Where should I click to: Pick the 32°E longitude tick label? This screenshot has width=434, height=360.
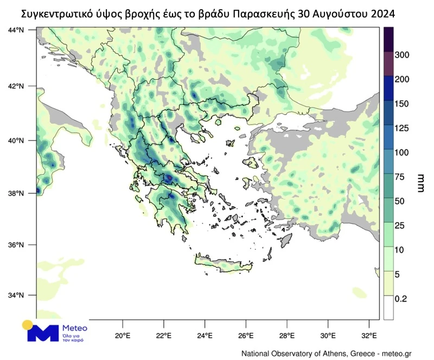pos(369,335)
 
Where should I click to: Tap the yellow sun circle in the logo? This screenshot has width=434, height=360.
pos(28,325)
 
